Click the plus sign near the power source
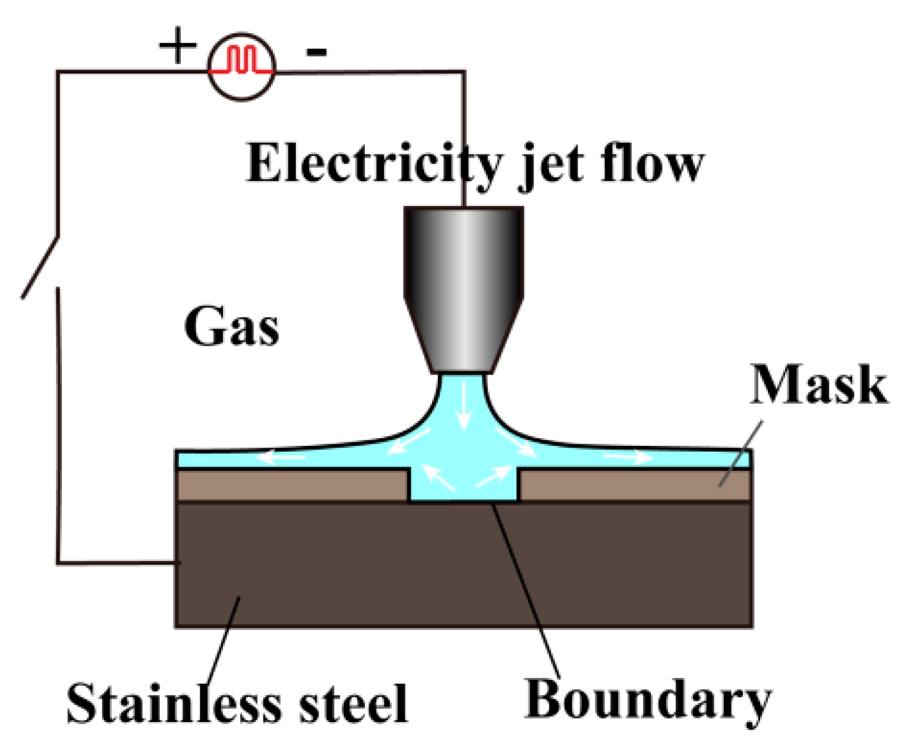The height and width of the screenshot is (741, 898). pyautogui.click(x=178, y=46)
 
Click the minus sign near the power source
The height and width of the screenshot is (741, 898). pyautogui.click(x=316, y=52)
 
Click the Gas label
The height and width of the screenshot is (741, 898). pyautogui.click(x=232, y=326)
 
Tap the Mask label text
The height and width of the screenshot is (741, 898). pyautogui.click(x=819, y=385)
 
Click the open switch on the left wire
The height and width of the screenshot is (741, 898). pyautogui.click(x=40, y=266)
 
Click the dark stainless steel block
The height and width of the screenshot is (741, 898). pyautogui.click(x=464, y=564)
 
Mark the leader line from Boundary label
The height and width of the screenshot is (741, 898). pyautogui.click(x=526, y=588)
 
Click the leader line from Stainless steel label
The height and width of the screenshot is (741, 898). pyautogui.click(x=224, y=641)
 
